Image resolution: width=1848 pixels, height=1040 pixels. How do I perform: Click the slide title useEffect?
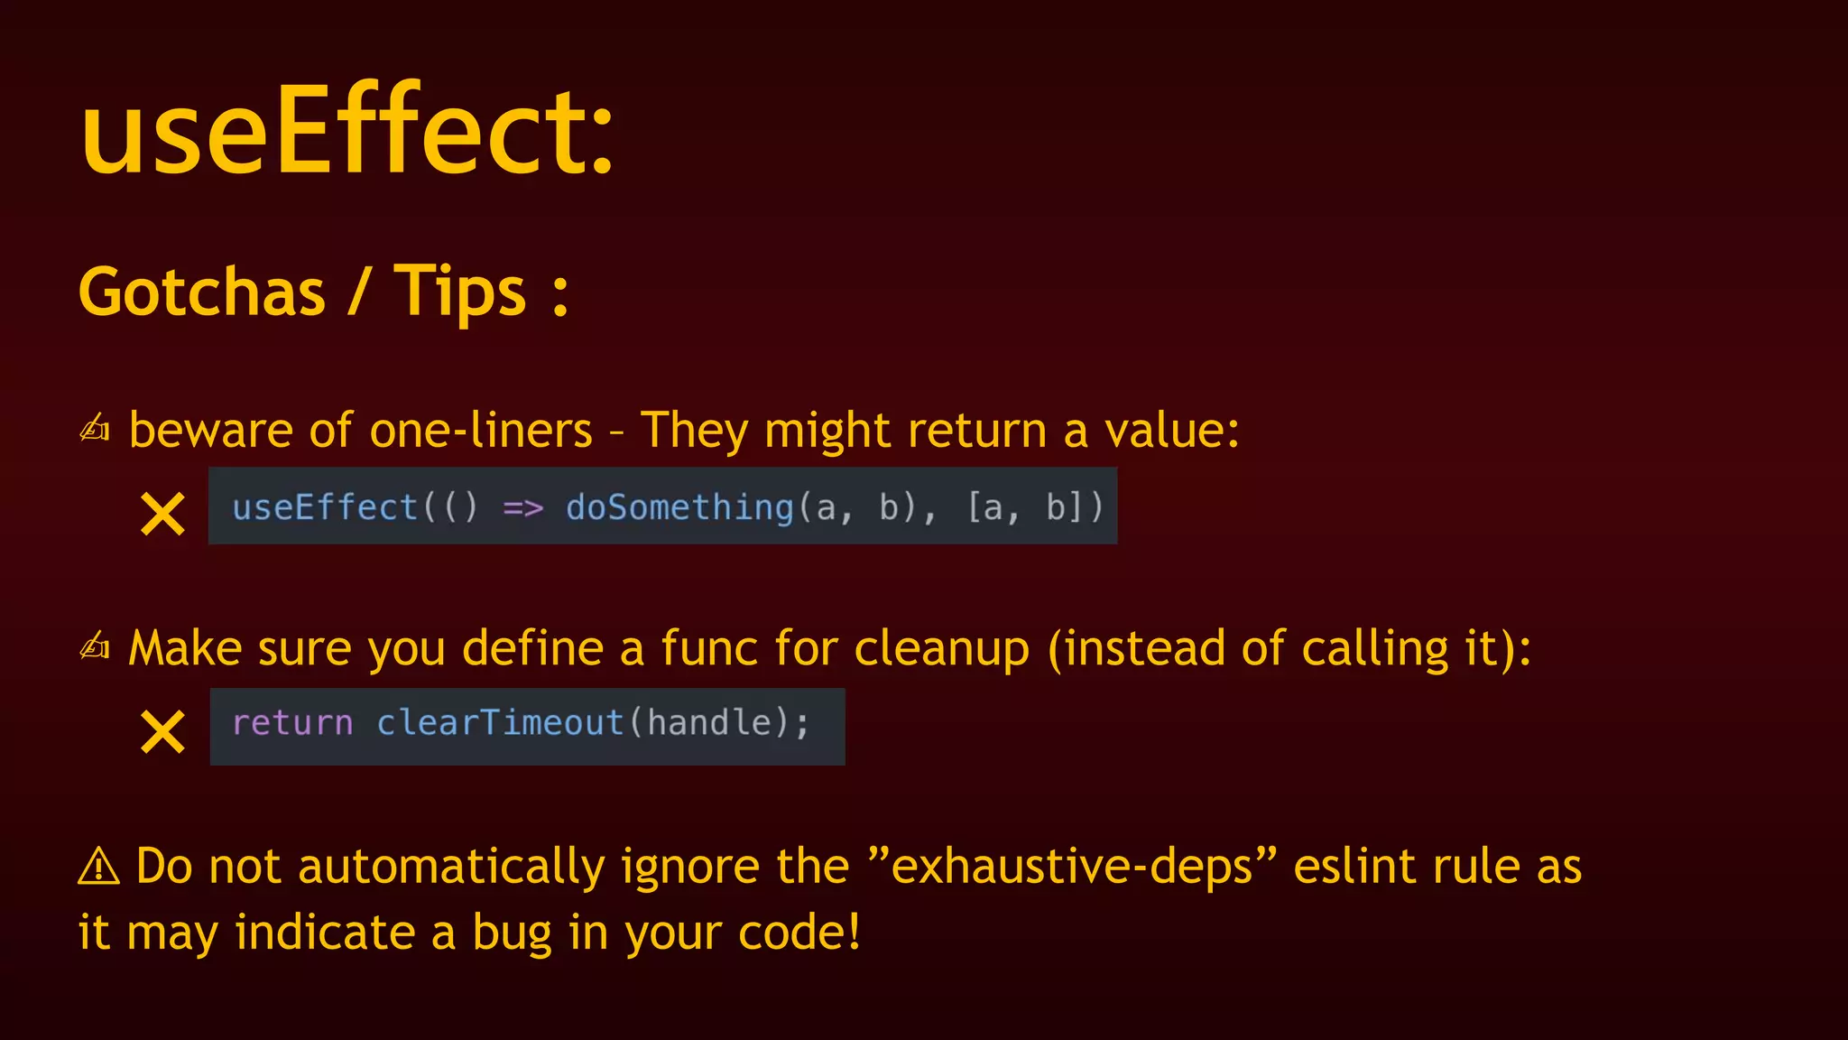click(x=347, y=131)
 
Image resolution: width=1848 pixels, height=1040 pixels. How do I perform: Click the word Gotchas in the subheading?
click(x=202, y=292)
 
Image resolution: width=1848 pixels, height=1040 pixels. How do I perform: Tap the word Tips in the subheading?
click(x=459, y=292)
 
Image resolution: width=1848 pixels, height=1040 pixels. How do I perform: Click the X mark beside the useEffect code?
click(x=162, y=514)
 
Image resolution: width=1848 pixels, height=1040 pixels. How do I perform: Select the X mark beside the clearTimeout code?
click(x=162, y=731)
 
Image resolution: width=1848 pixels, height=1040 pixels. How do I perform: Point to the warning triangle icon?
click(x=98, y=867)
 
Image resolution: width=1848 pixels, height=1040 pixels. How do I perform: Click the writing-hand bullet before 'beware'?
click(x=95, y=428)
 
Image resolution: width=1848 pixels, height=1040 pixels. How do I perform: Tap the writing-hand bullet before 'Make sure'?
click(x=95, y=646)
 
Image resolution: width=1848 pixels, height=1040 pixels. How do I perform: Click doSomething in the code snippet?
click(x=679, y=507)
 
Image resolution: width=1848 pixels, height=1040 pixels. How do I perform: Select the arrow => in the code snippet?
click(x=522, y=508)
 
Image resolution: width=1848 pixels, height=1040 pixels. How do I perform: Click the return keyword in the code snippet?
click(x=292, y=723)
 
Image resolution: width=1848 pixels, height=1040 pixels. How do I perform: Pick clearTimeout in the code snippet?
click(x=500, y=723)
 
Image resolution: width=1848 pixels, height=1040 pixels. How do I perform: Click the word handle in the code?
click(x=709, y=723)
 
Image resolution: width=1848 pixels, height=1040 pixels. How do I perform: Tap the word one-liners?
click(x=481, y=430)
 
